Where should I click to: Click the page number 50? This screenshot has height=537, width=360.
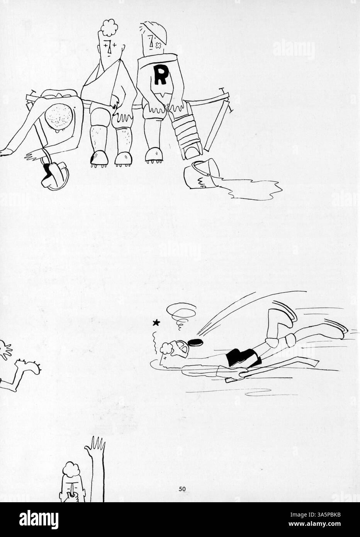click(x=182, y=489)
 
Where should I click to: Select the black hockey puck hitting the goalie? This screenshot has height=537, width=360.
click(x=195, y=342)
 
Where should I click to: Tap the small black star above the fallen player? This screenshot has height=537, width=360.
click(x=156, y=323)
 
